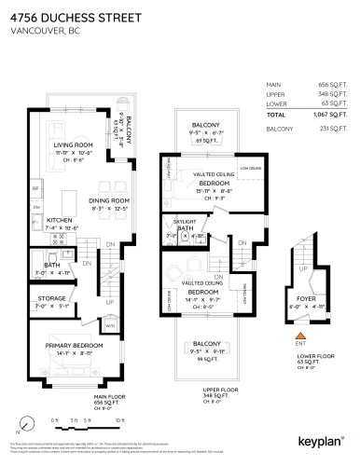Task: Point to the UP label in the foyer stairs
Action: pos(300,267)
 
